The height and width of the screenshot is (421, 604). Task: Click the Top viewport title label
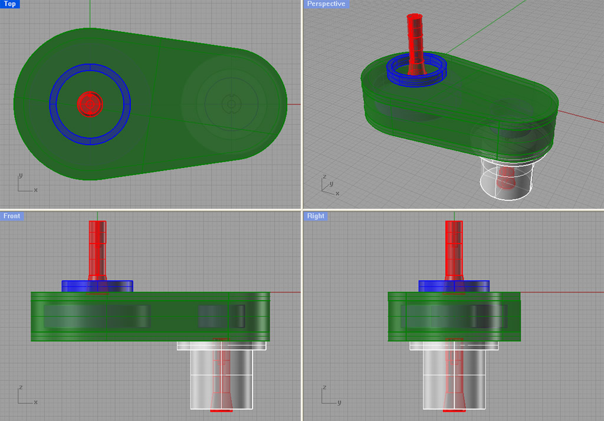[10, 4]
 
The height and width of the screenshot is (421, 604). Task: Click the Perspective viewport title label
[326, 4]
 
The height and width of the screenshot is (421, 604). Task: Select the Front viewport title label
[12, 216]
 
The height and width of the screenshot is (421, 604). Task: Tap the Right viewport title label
[316, 216]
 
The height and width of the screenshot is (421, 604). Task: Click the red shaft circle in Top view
[90, 104]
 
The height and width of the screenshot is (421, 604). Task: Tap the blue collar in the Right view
[431, 286]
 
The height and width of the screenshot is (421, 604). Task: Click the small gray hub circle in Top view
[231, 104]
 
